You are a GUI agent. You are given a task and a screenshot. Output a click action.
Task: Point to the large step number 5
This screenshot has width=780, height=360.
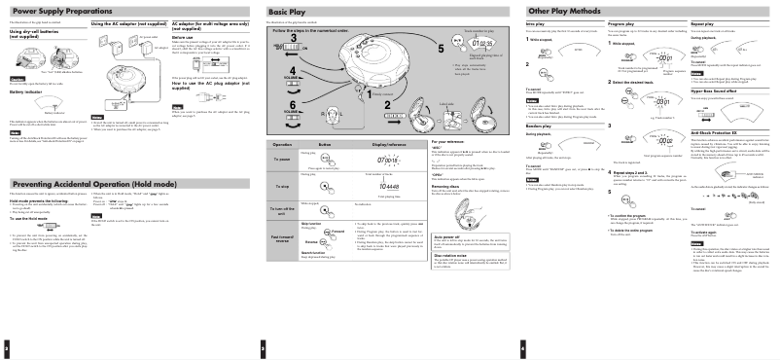[x=440, y=47]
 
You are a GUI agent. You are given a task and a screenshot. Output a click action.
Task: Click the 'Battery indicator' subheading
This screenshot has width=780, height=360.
[x=28, y=93]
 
